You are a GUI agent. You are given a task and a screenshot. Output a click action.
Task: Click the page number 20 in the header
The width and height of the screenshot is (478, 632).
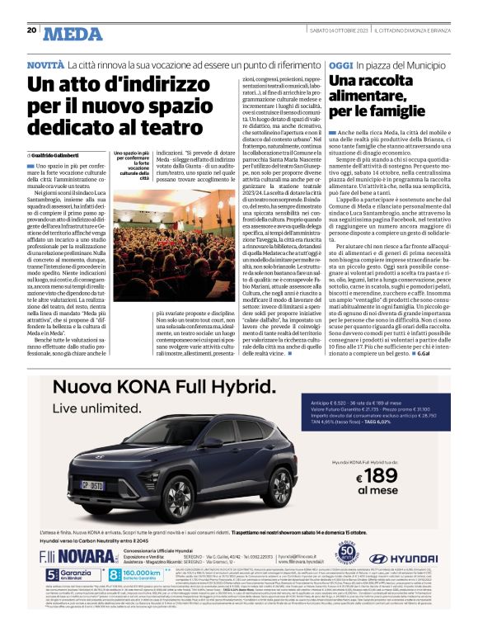pyautogui.click(x=31, y=30)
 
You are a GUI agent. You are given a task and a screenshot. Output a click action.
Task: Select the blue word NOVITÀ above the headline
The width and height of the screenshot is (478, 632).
pyautogui.click(x=45, y=64)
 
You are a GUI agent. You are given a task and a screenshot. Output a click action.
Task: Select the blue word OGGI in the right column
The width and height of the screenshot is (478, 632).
pyautogui.click(x=341, y=64)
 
